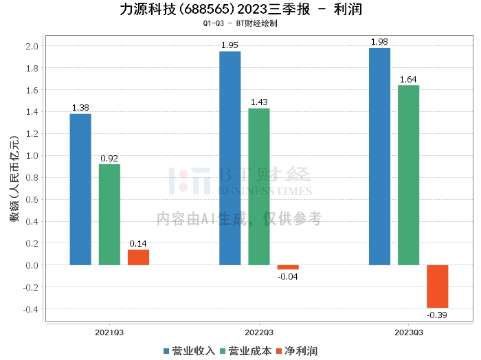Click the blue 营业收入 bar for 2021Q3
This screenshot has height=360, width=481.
click(80, 189)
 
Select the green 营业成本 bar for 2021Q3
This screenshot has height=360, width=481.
click(109, 214)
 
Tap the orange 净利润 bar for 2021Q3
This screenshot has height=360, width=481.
click(138, 257)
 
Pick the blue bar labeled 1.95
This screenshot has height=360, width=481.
click(230, 158)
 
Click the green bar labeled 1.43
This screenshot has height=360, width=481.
click(259, 186)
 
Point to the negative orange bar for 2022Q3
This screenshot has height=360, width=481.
click(288, 267)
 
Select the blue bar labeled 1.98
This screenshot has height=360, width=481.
click(379, 156)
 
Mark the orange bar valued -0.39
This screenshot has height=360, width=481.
click(437, 286)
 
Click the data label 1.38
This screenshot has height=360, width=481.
click(80, 108)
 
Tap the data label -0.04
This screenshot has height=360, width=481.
click(288, 276)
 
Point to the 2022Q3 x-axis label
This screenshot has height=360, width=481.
click(258, 332)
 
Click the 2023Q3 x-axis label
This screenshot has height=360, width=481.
click(408, 332)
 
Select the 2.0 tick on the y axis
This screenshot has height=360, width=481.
click(32, 46)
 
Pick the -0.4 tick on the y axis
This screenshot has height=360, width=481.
click(31, 309)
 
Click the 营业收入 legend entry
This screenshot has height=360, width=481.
click(189, 350)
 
